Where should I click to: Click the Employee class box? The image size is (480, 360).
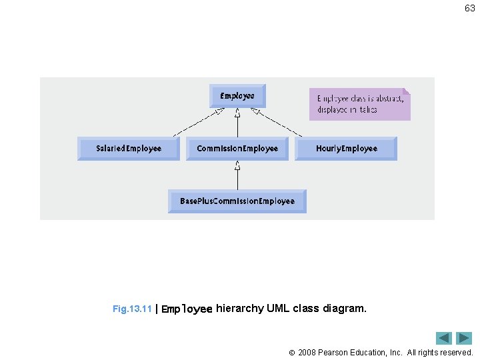pos(237,96)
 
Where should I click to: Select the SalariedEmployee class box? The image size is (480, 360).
pos(129,148)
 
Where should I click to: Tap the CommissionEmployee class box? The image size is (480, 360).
pos(237,148)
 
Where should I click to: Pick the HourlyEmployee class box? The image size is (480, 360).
pos(346,148)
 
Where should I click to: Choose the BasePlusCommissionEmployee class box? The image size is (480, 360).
pos(237,201)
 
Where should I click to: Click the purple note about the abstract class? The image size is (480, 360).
pos(359,104)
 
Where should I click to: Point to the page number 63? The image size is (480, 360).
pos(470,9)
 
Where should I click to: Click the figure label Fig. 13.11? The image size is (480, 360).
pos(132,309)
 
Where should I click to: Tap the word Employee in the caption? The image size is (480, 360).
pos(187,309)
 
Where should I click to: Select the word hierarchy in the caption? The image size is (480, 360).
pos(239,309)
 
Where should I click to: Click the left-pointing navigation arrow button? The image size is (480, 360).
pos(444,338)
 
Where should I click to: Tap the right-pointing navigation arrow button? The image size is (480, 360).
pos(464,338)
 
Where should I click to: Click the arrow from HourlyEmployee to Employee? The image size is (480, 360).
pos(276,123)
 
